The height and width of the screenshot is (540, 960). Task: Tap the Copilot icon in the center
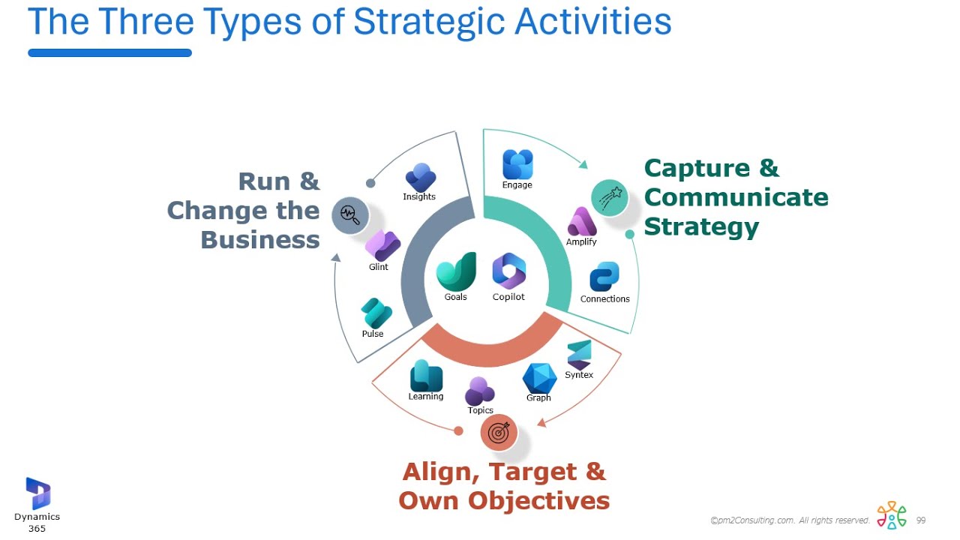tap(508, 271)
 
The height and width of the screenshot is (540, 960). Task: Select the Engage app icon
tap(517, 164)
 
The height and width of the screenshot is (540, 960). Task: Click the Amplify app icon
tap(582, 222)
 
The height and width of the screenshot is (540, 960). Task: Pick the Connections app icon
tap(604, 277)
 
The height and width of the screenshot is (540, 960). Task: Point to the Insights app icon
tap(420, 178)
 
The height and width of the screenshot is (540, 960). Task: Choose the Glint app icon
tap(382, 245)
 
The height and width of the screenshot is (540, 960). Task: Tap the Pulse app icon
tap(376, 313)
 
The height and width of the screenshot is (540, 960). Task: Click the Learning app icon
tap(426, 376)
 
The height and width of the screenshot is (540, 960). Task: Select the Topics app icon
tap(480, 391)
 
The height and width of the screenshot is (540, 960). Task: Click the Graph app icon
tap(539, 378)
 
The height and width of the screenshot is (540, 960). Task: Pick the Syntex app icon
tap(579, 354)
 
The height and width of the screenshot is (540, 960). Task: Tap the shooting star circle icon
tap(609, 199)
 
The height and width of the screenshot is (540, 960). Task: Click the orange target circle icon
tap(499, 433)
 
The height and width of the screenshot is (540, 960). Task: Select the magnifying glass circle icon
tap(350, 215)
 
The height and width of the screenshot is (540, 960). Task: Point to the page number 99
tap(921, 520)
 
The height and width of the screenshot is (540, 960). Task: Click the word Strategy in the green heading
tap(701, 226)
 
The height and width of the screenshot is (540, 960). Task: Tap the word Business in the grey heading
tap(260, 240)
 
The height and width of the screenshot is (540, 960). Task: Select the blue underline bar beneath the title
tap(109, 53)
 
